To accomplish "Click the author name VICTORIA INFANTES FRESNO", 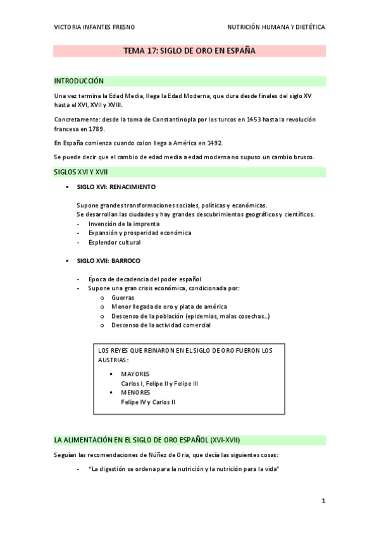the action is coord(94,28).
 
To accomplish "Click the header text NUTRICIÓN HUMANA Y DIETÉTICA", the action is coord(276,28).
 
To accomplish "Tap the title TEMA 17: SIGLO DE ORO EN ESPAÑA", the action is coord(189,51).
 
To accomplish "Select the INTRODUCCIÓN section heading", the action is coord(78,81).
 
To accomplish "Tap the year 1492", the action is coord(212,143).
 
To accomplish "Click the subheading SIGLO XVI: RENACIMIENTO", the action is coord(116,188).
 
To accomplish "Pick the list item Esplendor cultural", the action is coord(115,242).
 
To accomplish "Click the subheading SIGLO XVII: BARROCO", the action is coord(108,260).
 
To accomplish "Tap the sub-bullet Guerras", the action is coord(122,297).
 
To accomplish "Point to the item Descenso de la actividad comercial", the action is coord(161,325).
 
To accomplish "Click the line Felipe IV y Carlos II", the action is coord(148,401).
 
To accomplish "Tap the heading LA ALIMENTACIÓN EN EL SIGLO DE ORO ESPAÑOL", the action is coord(147,439).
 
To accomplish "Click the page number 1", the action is coord(323,501).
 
